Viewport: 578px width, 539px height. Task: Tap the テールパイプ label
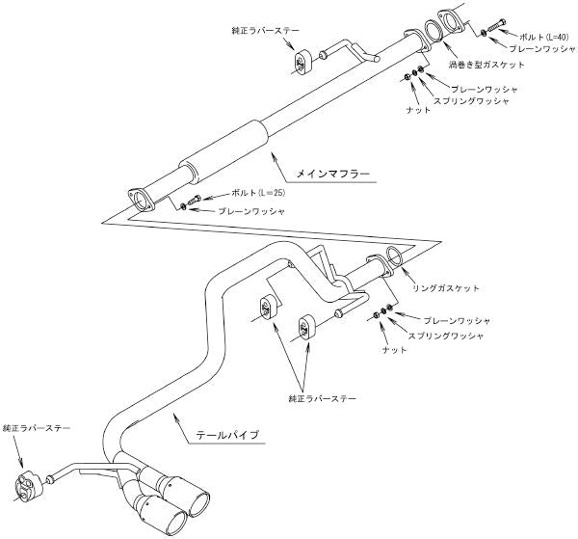point(228,435)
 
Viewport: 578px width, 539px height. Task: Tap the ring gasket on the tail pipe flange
point(395,257)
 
